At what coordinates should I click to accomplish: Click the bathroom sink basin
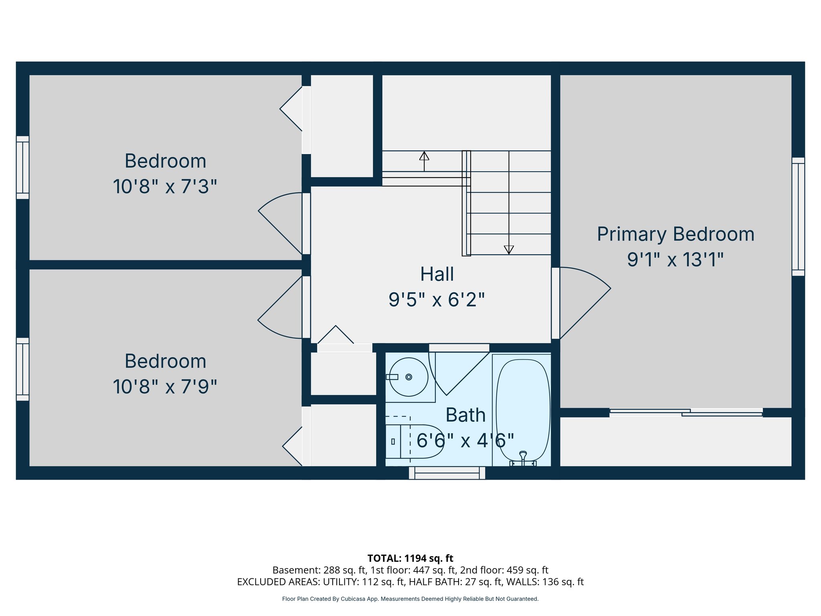[408, 377]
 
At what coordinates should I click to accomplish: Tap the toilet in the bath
[419, 441]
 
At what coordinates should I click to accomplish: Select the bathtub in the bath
[523, 409]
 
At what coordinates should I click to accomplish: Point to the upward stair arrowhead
[424, 156]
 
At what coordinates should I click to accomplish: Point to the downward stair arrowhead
[509, 249]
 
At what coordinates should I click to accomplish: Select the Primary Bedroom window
[798, 217]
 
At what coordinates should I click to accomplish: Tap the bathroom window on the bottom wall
[447, 473]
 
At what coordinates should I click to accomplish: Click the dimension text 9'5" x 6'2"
[437, 300]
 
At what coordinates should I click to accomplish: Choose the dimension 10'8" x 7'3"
[165, 187]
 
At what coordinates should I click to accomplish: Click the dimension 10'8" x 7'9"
[165, 387]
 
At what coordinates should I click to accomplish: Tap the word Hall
[437, 274]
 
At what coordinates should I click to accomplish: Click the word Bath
[465, 415]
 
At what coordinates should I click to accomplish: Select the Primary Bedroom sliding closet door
[686, 412]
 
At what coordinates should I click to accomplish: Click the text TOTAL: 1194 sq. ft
[410, 558]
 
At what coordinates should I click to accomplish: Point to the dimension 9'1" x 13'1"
[675, 259]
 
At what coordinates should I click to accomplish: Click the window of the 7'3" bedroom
[22, 167]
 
